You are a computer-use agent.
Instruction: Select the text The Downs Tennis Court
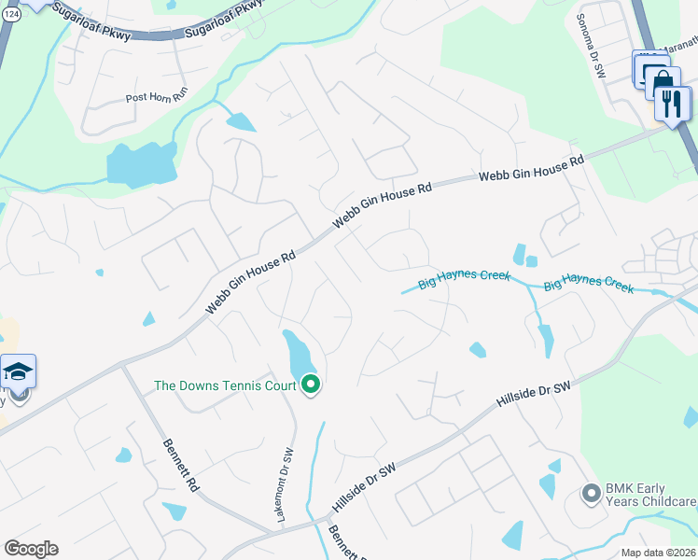pyautogui.click(x=225, y=385)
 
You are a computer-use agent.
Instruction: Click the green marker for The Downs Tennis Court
pyautogui.click(x=311, y=384)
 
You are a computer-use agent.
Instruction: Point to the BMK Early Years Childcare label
pyautogui.click(x=650, y=494)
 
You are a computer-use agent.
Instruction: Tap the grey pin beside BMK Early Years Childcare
pyautogui.click(x=590, y=493)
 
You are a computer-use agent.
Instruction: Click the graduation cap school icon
pyautogui.click(x=19, y=371)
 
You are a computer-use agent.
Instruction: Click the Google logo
pyautogui.click(x=31, y=548)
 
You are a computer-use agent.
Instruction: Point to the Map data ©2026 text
pyautogui.click(x=659, y=553)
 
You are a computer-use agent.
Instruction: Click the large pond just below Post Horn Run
pyautogui.click(x=142, y=165)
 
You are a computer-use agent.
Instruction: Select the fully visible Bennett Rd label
pyautogui.click(x=182, y=466)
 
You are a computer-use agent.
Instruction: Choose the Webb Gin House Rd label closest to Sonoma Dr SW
pyautogui.click(x=531, y=170)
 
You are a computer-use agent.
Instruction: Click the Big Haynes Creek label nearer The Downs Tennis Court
pyautogui.click(x=465, y=279)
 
